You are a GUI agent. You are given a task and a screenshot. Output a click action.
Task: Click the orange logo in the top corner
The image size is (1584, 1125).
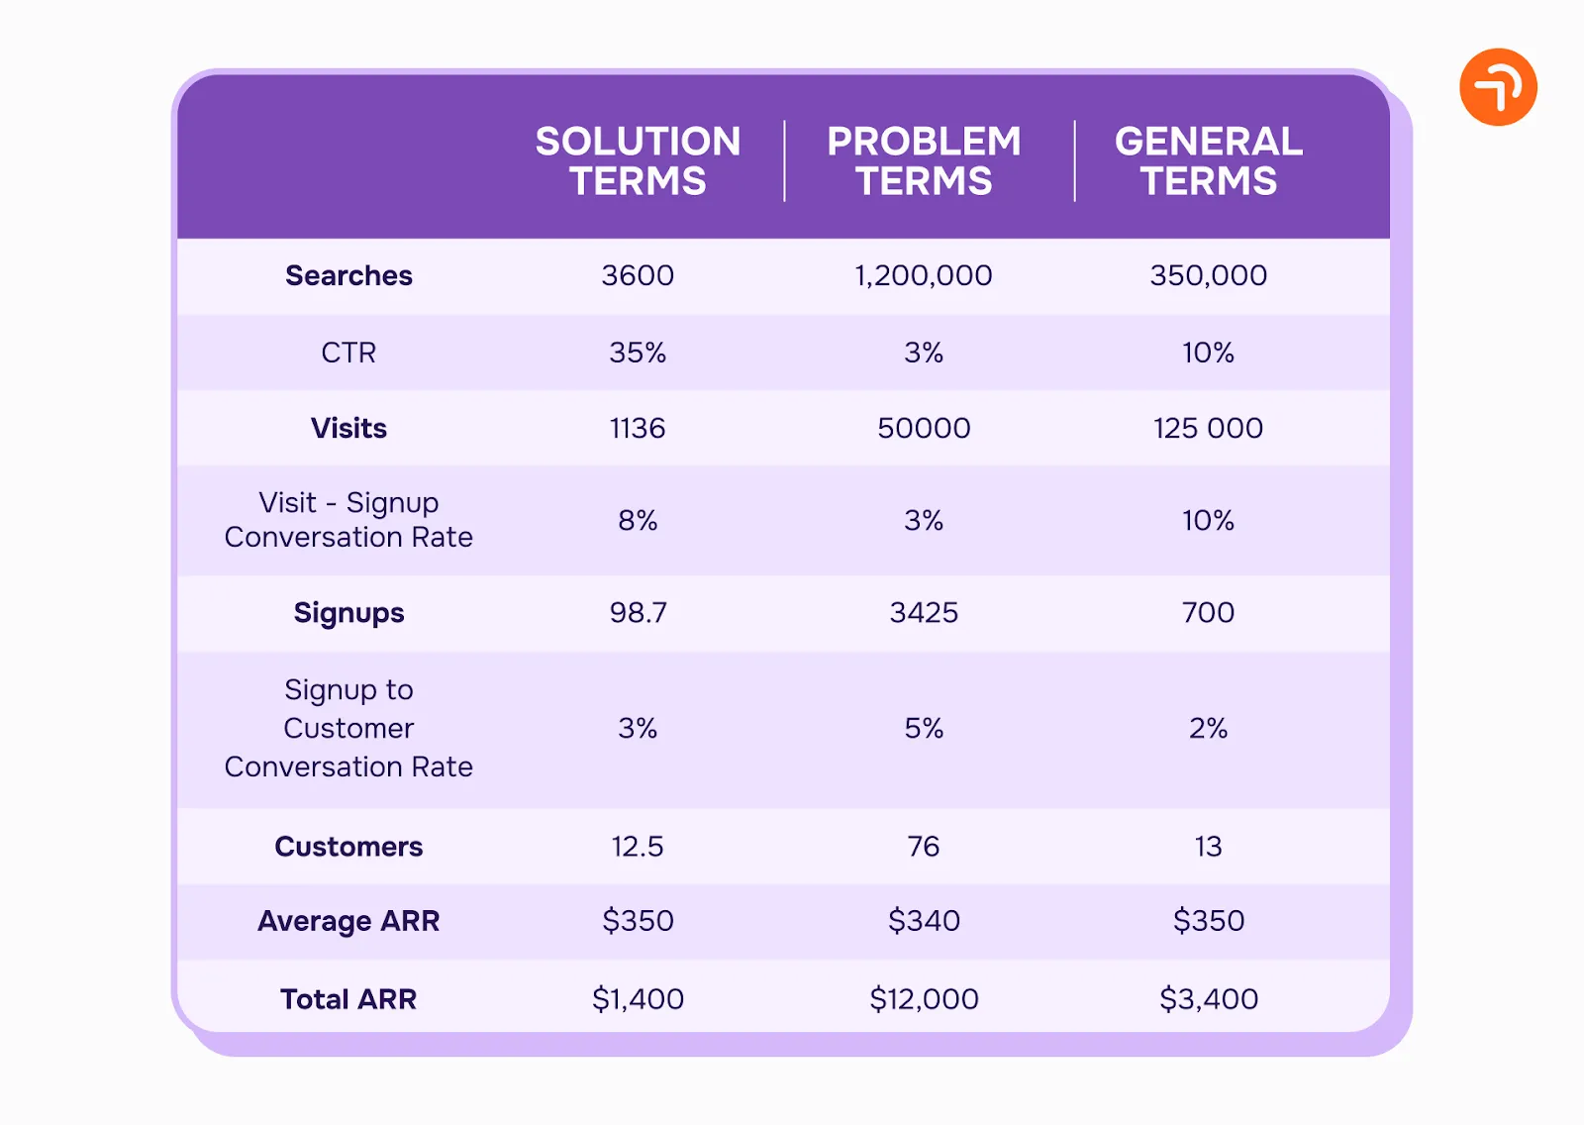(x=1497, y=87)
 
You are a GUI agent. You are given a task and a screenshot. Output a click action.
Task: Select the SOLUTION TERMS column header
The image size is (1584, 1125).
(x=638, y=161)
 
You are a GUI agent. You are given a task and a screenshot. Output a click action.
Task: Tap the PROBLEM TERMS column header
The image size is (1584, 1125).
(x=924, y=161)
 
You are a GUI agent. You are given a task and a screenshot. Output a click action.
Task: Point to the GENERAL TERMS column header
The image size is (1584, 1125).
(x=1208, y=161)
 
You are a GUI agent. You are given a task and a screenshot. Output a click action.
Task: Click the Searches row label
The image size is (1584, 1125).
(x=348, y=275)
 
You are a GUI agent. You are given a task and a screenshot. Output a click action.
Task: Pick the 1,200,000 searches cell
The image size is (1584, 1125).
(x=923, y=275)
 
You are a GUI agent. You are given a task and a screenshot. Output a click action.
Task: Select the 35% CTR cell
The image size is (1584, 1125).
(x=638, y=353)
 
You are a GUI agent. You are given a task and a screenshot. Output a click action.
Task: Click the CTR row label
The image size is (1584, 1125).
(x=348, y=353)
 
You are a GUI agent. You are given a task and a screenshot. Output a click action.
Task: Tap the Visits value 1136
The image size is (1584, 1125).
(x=638, y=428)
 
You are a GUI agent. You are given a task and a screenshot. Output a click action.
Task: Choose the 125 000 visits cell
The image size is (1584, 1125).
(x=1208, y=428)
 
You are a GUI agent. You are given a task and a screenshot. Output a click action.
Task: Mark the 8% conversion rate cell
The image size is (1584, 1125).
(x=638, y=520)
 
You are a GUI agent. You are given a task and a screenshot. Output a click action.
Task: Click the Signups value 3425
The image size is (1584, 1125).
(x=924, y=612)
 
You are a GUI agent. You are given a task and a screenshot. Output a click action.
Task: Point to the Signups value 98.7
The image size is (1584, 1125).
(x=638, y=612)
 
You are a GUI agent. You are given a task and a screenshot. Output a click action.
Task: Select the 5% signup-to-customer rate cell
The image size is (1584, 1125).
(x=924, y=728)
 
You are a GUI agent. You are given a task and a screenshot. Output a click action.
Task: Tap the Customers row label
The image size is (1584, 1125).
(x=348, y=847)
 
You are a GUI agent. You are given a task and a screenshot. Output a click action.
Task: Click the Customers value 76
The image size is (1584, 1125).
(x=924, y=847)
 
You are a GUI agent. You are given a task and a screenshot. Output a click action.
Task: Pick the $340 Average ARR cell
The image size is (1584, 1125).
(x=924, y=921)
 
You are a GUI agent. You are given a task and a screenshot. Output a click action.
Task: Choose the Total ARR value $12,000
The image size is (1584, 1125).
(x=924, y=998)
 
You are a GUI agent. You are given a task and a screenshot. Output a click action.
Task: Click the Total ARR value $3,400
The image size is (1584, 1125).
(x=1208, y=998)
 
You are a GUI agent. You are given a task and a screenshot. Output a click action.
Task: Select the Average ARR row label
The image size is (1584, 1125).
(x=348, y=921)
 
